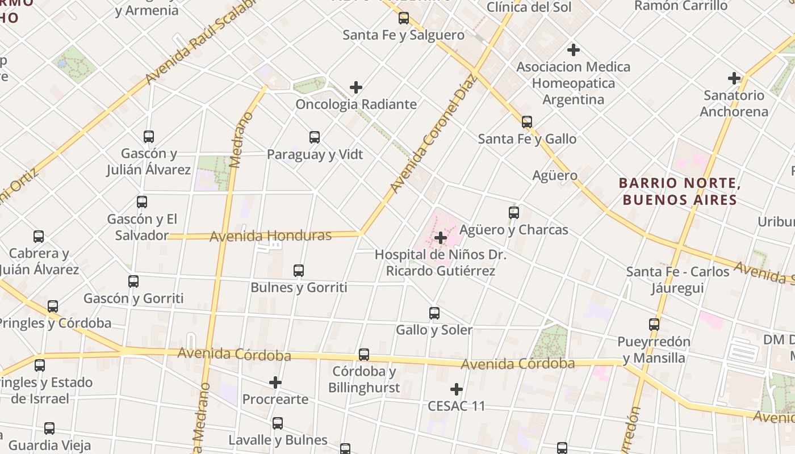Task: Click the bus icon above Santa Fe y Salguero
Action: (404, 18)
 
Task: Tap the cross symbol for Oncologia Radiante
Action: (356, 87)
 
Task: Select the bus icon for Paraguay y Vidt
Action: (315, 137)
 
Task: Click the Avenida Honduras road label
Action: (270, 236)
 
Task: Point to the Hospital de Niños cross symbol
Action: (440, 238)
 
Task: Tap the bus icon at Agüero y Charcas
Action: (514, 213)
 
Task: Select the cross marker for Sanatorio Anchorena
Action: (734, 78)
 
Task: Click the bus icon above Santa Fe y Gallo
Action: (527, 122)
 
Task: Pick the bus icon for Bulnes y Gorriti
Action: (299, 271)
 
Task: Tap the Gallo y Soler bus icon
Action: (434, 313)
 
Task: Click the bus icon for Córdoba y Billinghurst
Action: (364, 355)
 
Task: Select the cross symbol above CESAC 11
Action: (457, 389)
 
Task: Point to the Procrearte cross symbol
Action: (275, 382)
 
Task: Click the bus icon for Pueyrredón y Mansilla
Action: (654, 325)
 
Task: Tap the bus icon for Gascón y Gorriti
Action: (133, 281)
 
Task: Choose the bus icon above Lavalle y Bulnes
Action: (278, 423)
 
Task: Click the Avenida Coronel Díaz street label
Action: (432, 134)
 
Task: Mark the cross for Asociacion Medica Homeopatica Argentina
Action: (574, 50)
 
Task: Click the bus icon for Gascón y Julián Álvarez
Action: (149, 137)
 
